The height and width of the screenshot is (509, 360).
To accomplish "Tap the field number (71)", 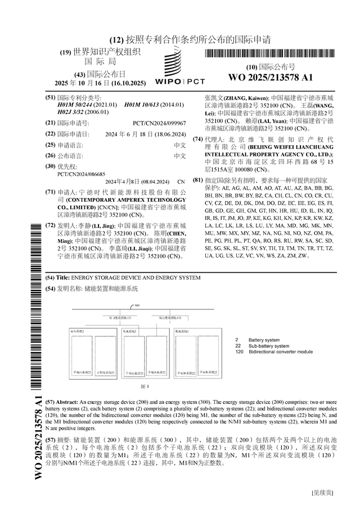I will [x=51, y=192].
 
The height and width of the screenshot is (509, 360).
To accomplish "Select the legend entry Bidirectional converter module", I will [x=281, y=352].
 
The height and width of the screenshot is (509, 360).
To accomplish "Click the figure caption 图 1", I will [x=144, y=386].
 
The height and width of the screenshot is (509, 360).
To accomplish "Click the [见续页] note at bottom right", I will [x=322, y=493].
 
